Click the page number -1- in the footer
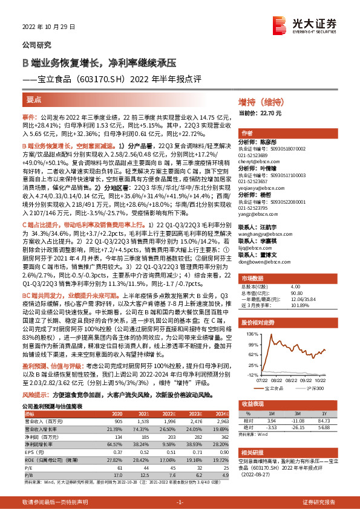coord(180,502)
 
